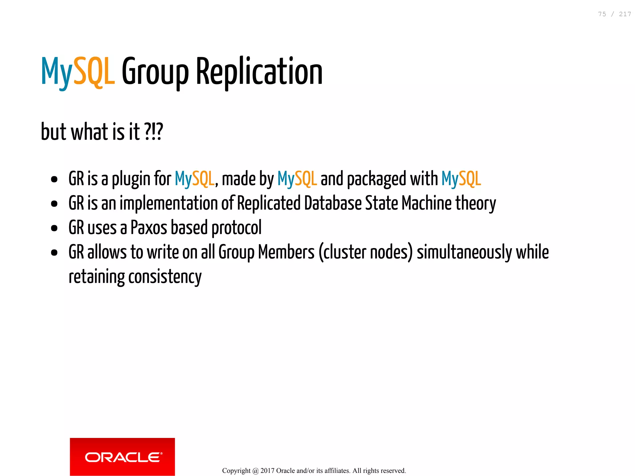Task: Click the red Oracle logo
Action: [122, 456]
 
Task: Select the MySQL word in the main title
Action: [78, 72]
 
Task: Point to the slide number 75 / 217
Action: [614, 14]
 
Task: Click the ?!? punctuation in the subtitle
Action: [153, 132]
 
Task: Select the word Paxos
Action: [149, 228]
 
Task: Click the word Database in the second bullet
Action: [333, 203]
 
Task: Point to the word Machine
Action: [427, 203]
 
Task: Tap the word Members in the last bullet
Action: [286, 252]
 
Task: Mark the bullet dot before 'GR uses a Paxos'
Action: [54, 228]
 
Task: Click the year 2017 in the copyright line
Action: [267, 471]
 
